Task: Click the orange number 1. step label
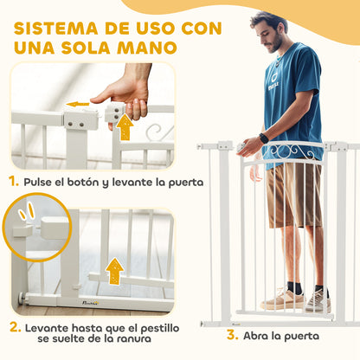(x=15, y=182)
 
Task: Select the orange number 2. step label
(x=15, y=328)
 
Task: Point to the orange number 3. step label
(x=208, y=335)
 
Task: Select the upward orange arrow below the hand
(x=125, y=128)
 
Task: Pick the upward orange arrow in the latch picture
(x=114, y=270)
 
